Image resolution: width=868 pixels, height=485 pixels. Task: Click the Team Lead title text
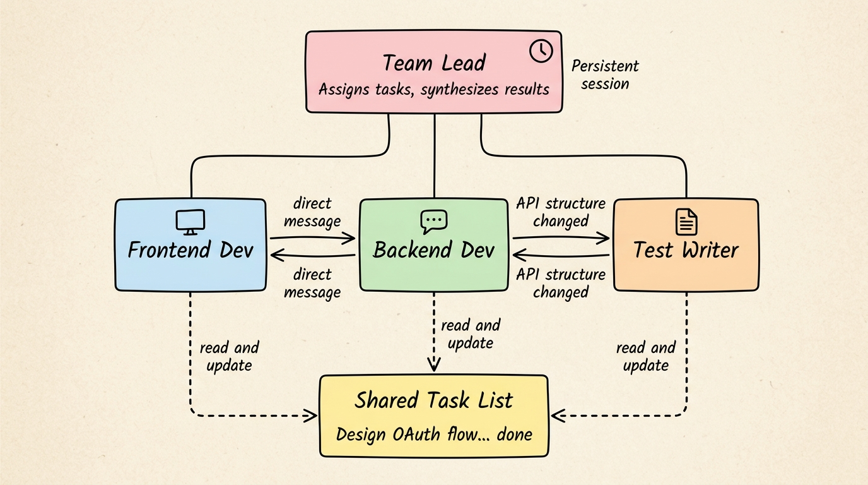pyautogui.click(x=434, y=63)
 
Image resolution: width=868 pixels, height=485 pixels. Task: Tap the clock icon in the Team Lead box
pyautogui.click(x=541, y=51)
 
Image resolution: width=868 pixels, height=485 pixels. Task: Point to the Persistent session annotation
pyautogui.click(x=604, y=75)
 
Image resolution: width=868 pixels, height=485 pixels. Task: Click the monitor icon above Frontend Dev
pyautogui.click(x=190, y=222)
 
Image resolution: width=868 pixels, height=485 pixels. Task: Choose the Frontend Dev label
pyautogui.click(x=190, y=250)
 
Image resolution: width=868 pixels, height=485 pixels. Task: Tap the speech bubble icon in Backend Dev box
pyautogui.click(x=433, y=221)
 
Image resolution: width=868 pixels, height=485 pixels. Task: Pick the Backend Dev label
pyautogui.click(x=433, y=250)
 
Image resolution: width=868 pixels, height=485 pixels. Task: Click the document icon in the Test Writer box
pyautogui.click(x=686, y=222)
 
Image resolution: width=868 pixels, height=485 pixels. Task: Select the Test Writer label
pyautogui.click(x=686, y=250)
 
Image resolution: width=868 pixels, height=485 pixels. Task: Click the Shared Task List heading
pyautogui.click(x=433, y=400)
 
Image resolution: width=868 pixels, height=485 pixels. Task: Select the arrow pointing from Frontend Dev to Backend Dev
pyautogui.click(x=313, y=239)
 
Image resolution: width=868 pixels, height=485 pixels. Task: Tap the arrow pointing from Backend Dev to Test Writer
pyautogui.click(x=561, y=239)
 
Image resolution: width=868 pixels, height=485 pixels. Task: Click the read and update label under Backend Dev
pyautogui.click(x=470, y=334)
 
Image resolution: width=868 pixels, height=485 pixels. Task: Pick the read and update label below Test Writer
pyautogui.click(x=645, y=356)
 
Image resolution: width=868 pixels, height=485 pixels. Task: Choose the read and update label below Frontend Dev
pyautogui.click(x=229, y=356)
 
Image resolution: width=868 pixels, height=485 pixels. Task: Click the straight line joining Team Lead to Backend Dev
pyautogui.click(x=434, y=155)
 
